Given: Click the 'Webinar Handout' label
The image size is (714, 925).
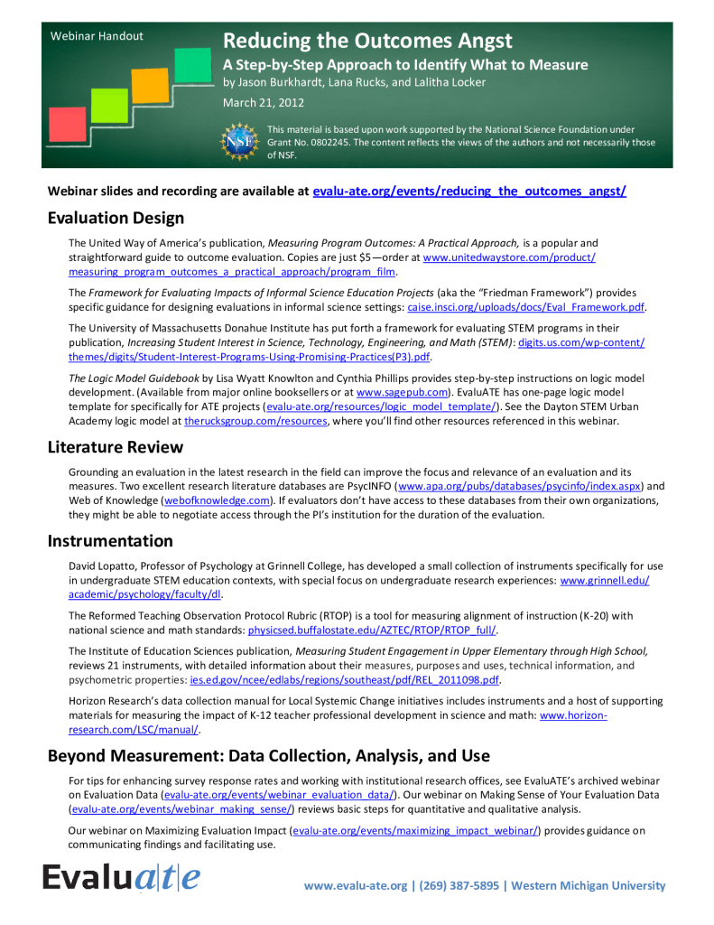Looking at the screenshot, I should pyautogui.click(x=97, y=36).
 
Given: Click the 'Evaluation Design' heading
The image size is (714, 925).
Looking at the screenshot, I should pyautogui.click(x=116, y=218).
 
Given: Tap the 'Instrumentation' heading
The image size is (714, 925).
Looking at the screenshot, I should pyautogui.click(x=110, y=541).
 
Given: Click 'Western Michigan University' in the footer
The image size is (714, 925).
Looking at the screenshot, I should pyautogui.click(x=589, y=885).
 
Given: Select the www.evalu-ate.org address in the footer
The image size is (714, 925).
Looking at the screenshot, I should pyautogui.click(x=356, y=885).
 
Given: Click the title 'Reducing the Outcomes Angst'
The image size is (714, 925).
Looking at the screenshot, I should pyautogui.click(x=367, y=41).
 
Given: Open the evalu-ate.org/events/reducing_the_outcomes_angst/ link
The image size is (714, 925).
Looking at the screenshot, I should pyautogui.click(x=468, y=192).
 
